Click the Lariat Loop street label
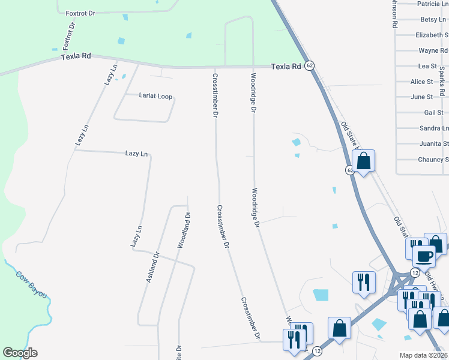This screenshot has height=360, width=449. (155, 96)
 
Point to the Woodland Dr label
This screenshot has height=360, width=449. (184, 230)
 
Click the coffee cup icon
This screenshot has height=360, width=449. (424, 256)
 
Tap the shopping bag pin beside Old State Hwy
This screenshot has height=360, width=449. (363, 161)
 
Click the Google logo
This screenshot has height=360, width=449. (20, 353)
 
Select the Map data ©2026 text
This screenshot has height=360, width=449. (424, 355)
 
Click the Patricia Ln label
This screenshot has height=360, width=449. (432, 4)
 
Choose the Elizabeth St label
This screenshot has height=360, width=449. (432, 35)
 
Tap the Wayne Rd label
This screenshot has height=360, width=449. (433, 51)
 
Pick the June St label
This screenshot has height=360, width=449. (421, 97)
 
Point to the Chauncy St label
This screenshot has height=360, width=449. (433, 160)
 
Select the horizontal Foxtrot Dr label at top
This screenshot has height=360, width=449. (80, 12)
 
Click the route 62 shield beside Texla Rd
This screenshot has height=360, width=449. (309, 65)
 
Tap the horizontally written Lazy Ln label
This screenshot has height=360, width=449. (136, 154)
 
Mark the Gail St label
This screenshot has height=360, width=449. (433, 112)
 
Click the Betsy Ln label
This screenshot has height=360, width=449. (433, 20)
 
